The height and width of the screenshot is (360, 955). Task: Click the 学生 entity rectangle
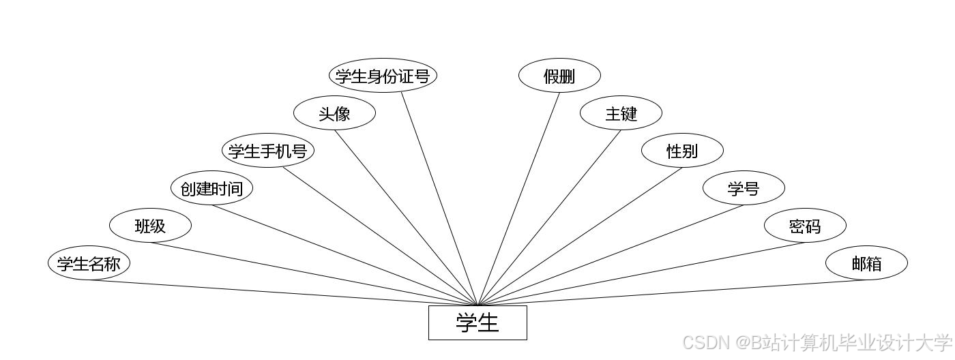coord(477,322)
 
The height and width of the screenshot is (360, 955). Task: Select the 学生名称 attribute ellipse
coord(89,263)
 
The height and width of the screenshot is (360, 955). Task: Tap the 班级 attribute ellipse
coord(150,226)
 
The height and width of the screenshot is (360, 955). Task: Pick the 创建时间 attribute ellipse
coord(211,188)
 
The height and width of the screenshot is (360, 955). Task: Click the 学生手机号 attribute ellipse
coord(267,151)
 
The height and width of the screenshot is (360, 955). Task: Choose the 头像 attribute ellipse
coord(334,113)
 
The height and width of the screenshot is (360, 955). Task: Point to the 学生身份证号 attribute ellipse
coord(382,76)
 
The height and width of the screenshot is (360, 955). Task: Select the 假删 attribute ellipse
coord(559,76)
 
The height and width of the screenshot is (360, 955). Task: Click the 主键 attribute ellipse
coord(621,113)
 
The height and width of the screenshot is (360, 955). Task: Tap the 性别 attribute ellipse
coord(682,151)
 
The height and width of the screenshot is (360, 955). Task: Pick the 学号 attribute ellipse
coord(744,188)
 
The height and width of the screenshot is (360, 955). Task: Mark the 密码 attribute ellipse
coord(805,226)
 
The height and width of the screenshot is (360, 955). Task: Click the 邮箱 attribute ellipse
coord(866,263)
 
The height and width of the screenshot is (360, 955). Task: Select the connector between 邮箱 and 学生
coord(672,293)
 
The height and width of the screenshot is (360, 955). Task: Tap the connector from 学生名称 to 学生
coord(283,293)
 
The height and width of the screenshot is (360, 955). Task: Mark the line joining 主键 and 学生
coord(550,217)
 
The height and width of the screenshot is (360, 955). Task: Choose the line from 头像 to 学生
coord(406,217)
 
